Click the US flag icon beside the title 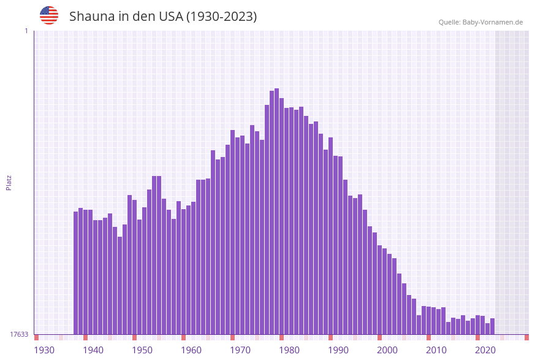pyautogui.click(x=49, y=15)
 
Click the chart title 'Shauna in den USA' pyautogui.click(x=162, y=17)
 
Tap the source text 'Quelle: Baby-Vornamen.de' pyautogui.click(x=480, y=22)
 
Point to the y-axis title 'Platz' pyautogui.click(x=9, y=182)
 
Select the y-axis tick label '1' pyautogui.click(x=26, y=31)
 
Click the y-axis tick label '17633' pyautogui.click(x=19, y=334)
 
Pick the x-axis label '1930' pyautogui.click(x=44, y=350)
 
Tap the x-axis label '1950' pyautogui.click(x=142, y=350)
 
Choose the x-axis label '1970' pyautogui.click(x=240, y=350)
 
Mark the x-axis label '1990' pyautogui.click(x=338, y=350)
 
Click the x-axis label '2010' pyautogui.click(x=436, y=350)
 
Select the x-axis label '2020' pyautogui.click(x=485, y=350)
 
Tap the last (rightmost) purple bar pyautogui.click(x=493, y=326)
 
